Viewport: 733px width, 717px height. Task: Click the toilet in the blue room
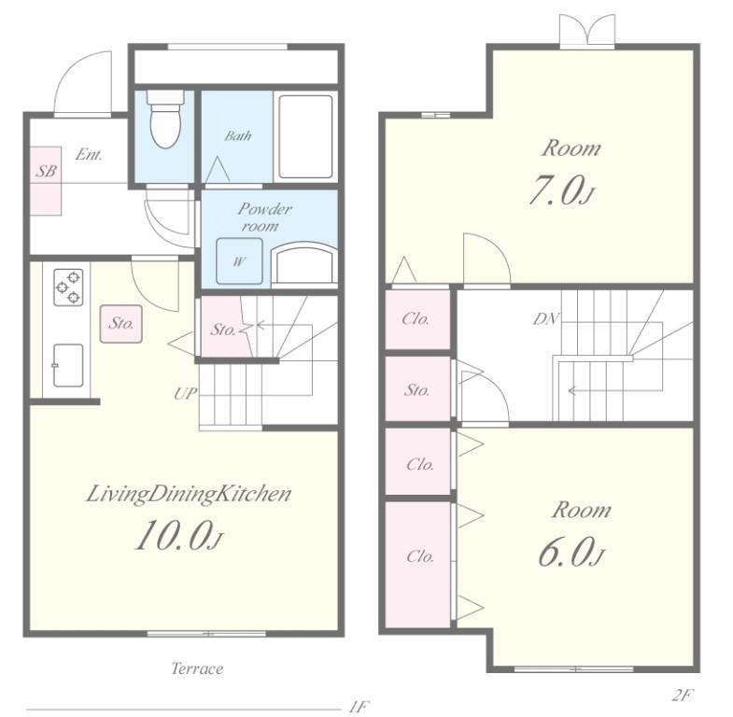click(165, 119)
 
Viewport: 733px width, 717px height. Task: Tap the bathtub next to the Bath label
click(305, 137)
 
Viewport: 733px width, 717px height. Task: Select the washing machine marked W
click(239, 261)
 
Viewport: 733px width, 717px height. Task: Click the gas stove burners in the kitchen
click(68, 288)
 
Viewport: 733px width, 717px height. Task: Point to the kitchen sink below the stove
click(68, 366)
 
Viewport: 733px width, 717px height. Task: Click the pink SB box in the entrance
click(46, 181)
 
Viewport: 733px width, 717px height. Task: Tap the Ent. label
click(89, 154)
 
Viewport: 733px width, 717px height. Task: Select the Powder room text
click(264, 218)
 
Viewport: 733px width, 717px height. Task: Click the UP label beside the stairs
click(185, 394)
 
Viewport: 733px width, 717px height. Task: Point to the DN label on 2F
click(546, 318)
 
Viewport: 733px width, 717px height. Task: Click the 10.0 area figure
click(178, 536)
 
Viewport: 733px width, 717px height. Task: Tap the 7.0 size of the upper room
click(561, 190)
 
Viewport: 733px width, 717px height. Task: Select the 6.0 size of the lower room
click(571, 552)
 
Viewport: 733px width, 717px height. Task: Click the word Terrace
click(197, 668)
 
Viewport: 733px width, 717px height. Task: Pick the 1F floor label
click(359, 706)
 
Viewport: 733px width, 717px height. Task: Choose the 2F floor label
click(682, 696)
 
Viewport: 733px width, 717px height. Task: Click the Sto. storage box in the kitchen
click(121, 324)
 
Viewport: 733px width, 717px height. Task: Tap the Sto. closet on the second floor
click(418, 389)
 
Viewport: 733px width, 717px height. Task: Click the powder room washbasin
click(304, 263)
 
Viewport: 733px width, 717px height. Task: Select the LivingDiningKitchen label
click(189, 495)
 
